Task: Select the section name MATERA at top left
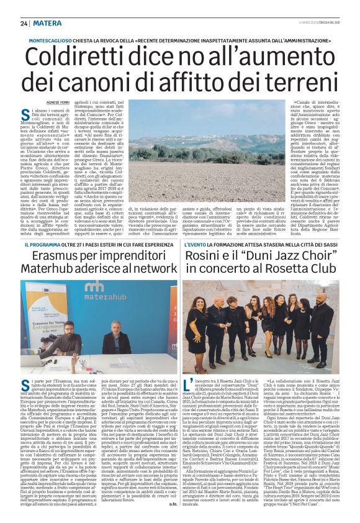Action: [x=48, y=23]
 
